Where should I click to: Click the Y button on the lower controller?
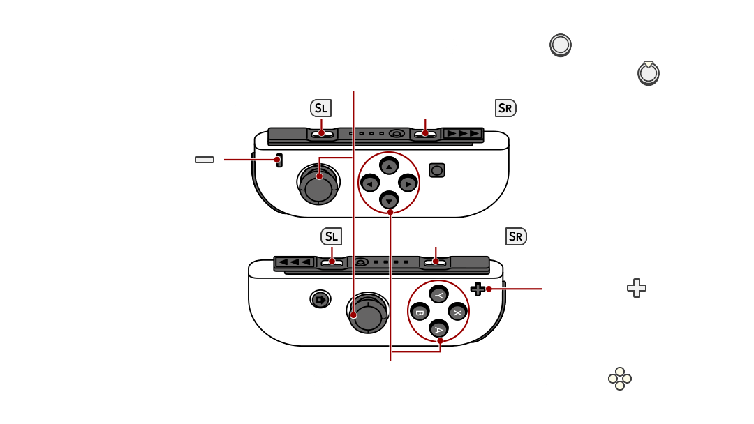click(439, 295)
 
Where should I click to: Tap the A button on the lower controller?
click(439, 329)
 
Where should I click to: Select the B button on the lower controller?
click(420, 312)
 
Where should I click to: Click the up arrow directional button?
click(389, 165)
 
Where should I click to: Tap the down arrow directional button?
click(389, 200)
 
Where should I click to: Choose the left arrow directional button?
click(370, 183)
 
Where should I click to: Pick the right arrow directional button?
click(408, 183)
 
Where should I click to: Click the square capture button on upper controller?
click(437, 169)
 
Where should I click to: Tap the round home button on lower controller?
click(320, 300)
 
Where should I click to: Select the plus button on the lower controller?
click(478, 288)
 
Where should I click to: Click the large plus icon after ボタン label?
click(636, 288)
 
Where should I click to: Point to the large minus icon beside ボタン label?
click(205, 160)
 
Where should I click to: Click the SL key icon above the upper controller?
click(321, 108)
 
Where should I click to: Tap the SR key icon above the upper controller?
click(505, 108)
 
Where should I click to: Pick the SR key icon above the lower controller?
click(516, 236)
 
